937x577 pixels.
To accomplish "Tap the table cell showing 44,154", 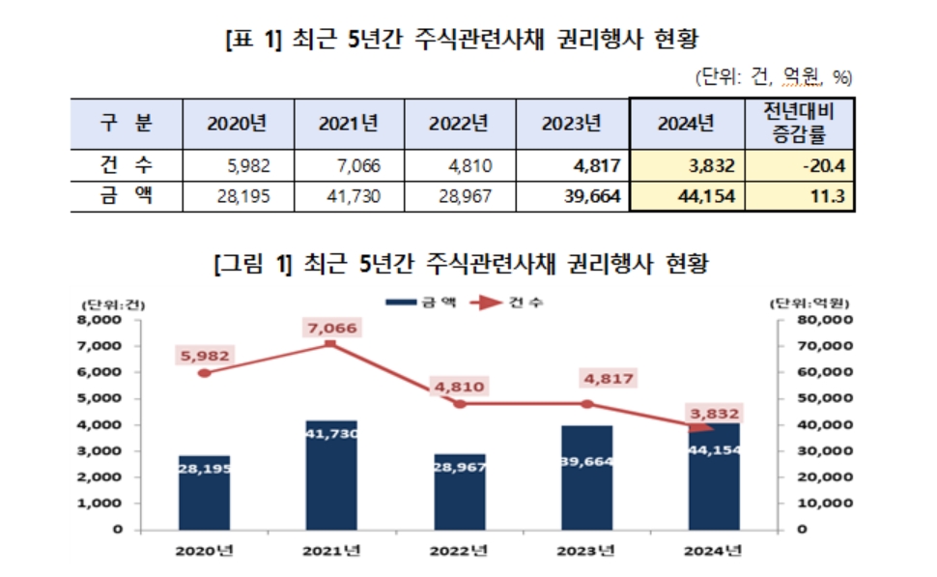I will [x=685, y=196].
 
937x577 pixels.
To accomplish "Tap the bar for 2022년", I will [x=460, y=492].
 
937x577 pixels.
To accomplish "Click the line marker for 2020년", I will [x=204, y=372].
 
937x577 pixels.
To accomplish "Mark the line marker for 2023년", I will [x=586, y=403].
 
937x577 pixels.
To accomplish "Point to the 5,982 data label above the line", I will [x=204, y=356].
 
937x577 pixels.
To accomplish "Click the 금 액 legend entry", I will [x=419, y=303].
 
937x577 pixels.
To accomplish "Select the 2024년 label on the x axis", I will [x=716, y=552].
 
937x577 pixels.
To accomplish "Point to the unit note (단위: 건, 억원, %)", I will [x=774, y=76].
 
